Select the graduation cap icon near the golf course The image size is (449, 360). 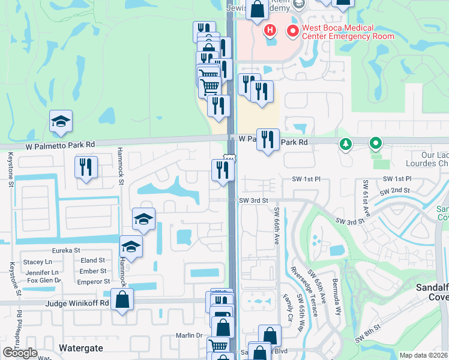pyautogui.click(x=61, y=122)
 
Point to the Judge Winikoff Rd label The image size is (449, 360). pyautogui.click(x=78, y=304)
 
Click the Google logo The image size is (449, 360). pyautogui.click(x=20, y=353)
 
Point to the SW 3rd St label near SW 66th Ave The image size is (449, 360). pyautogui.click(x=252, y=200)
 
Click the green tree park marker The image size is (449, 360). pyautogui.click(x=345, y=144)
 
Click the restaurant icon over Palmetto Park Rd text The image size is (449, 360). pyautogui.click(x=268, y=140)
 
